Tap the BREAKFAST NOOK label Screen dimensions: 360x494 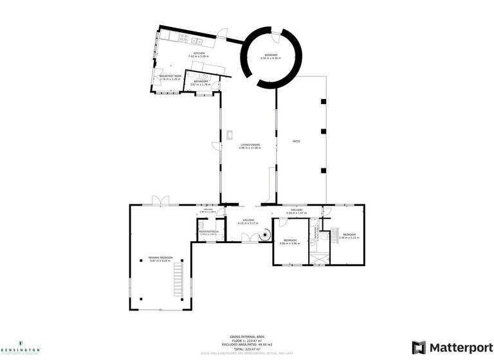(x=172, y=78)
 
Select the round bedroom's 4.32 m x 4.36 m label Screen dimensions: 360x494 (x=270, y=57)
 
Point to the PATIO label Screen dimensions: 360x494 (x=297, y=141)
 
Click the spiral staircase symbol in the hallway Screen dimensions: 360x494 (x=264, y=237)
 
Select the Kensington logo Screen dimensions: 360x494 (x=20, y=346)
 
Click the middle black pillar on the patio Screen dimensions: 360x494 (x=324, y=132)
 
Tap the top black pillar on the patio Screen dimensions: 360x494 (x=324, y=101)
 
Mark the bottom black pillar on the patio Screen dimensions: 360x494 (x=324, y=170)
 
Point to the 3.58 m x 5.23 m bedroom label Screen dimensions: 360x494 (x=349, y=236)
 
